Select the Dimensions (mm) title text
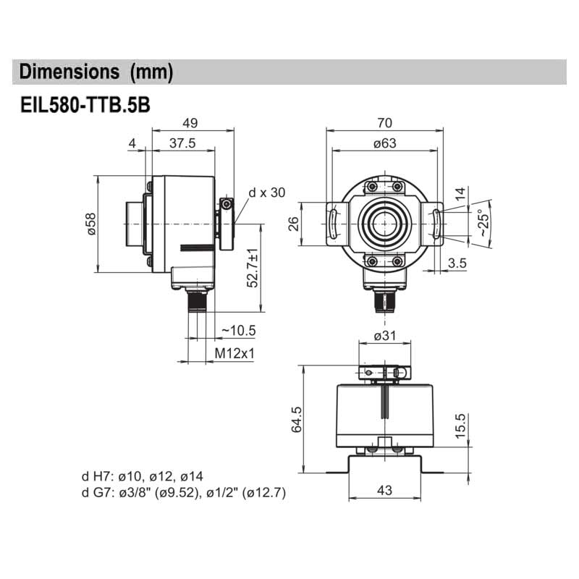(96, 72)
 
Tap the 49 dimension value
(190, 122)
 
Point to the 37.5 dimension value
(182, 143)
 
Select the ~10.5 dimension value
(238, 331)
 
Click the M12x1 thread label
(236, 354)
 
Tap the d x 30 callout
(267, 193)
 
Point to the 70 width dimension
(384, 122)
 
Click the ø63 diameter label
(384, 143)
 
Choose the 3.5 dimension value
(457, 263)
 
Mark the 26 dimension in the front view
(294, 223)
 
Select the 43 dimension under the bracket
(384, 490)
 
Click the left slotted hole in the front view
(334, 223)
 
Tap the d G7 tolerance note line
(184, 494)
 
